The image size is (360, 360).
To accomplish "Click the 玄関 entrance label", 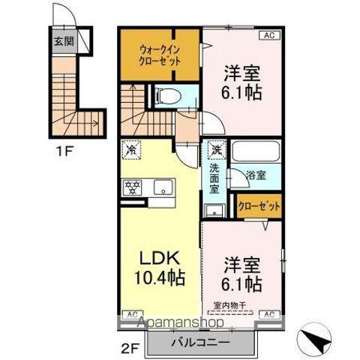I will (64, 41).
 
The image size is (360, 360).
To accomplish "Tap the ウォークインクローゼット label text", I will (159, 55).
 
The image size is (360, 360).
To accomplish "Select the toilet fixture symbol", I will (167, 96).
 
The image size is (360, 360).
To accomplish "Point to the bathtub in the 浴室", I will (255, 150).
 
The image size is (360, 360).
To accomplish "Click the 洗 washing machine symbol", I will (216, 149).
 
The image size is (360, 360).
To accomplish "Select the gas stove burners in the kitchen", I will (135, 187).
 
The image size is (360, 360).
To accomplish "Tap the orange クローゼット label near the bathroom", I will (259, 205).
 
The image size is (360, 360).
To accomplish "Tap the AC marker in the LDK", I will (131, 313).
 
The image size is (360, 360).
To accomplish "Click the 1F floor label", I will (64, 148).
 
